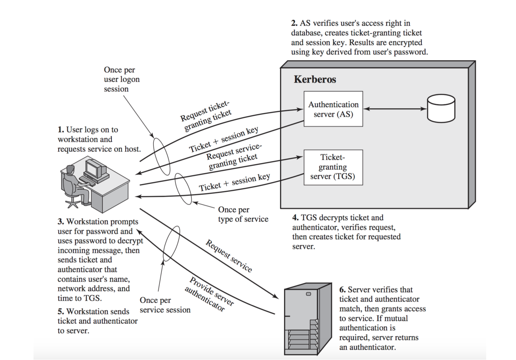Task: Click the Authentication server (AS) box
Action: click(333, 109)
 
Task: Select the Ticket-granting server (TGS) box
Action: click(333, 167)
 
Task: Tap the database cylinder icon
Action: click(441, 108)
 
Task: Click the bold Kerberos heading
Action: click(315, 79)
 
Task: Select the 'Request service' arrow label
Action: click(229, 256)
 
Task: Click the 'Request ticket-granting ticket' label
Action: click(206, 116)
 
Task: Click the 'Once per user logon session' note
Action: click(121, 79)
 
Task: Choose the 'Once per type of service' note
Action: click(243, 215)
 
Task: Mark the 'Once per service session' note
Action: click(165, 305)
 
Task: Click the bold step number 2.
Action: click(294, 23)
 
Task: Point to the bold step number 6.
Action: click(342, 290)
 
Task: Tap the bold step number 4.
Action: click(295, 218)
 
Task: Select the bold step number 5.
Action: click(60, 312)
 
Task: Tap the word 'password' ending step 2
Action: click(410, 52)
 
